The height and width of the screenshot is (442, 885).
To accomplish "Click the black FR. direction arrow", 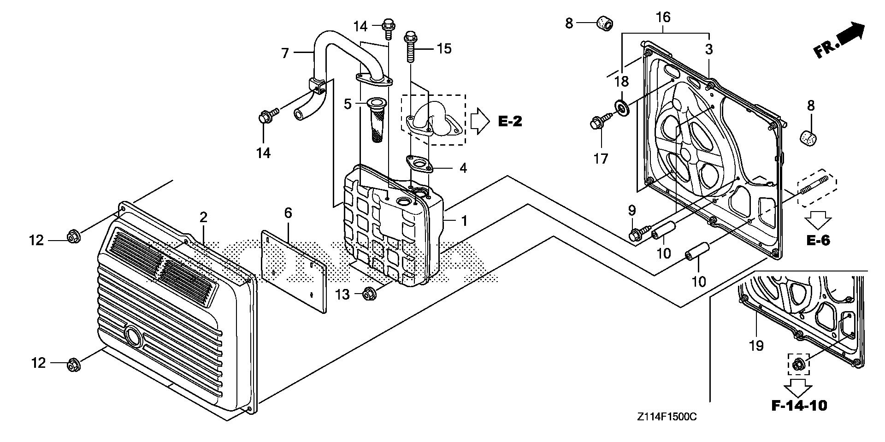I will tap(842, 44).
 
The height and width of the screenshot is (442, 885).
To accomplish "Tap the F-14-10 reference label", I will tap(799, 406).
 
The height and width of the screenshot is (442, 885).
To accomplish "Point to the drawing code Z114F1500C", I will tap(667, 417).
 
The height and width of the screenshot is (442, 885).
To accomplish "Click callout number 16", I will tap(664, 18).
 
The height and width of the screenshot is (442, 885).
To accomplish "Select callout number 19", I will tap(756, 345).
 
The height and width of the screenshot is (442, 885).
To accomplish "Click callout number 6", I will tap(288, 213).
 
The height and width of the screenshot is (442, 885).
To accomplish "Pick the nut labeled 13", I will tap(368, 293).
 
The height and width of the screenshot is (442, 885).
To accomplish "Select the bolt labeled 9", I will tap(635, 234).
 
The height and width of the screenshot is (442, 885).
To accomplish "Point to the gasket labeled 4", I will tap(419, 164).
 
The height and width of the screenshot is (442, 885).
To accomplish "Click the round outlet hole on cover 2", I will tap(134, 337).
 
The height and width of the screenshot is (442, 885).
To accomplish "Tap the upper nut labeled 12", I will tap(73, 237).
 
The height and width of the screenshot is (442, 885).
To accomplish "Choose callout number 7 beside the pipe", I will tap(285, 53).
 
